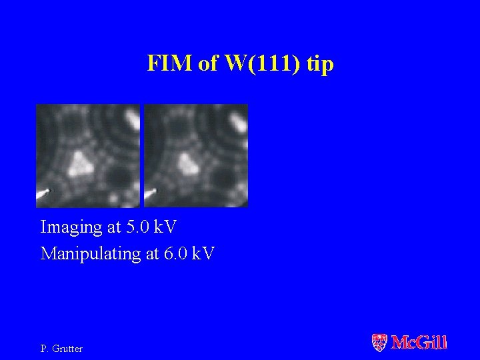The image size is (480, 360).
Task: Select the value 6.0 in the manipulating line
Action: pyautogui.click(x=175, y=253)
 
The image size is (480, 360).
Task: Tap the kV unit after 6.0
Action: pyautogui.click(x=203, y=253)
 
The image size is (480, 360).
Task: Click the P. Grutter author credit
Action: pyautogui.click(x=61, y=349)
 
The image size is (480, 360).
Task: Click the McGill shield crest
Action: pyautogui.click(x=379, y=343)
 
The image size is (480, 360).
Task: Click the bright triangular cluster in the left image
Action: pyautogui.click(x=81, y=163)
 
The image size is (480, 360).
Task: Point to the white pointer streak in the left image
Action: pyautogui.click(x=43, y=194)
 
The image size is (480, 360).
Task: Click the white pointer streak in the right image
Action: pyautogui.click(x=150, y=194)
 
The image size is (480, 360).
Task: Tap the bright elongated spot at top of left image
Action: pyautogui.click(x=131, y=119)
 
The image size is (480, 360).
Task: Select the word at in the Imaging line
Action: pyautogui.click(x=114, y=228)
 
